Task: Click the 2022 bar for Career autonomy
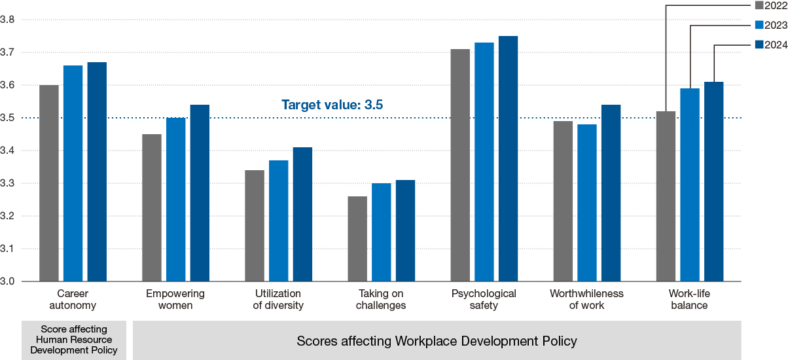click(49, 183)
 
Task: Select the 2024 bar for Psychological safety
click(508, 159)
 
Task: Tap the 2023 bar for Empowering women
click(176, 200)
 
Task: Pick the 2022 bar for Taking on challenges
click(357, 239)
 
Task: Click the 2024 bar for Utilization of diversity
click(302, 215)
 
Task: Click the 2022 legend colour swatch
click(759, 6)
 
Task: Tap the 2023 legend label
click(776, 26)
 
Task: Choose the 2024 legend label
click(776, 45)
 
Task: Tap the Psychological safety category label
click(484, 299)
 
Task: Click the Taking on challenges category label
click(382, 299)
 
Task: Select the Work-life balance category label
click(689, 299)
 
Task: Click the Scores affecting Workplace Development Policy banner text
click(437, 341)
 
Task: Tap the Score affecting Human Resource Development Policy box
click(73, 340)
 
